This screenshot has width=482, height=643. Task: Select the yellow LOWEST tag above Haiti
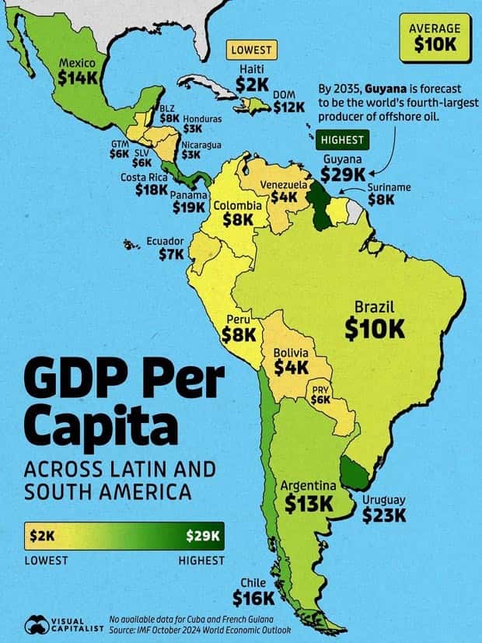(x=252, y=50)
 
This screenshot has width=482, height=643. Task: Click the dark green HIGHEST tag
(x=341, y=140)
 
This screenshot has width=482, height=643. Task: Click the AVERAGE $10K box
(x=435, y=37)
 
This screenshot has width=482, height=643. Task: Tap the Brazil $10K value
(x=375, y=328)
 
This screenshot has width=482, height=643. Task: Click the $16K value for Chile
(x=253, y=597)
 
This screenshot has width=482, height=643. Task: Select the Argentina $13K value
(x=308, y=504)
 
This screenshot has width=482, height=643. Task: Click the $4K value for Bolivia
(x=291, y=367)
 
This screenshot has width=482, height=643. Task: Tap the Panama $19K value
(x=189, y=207)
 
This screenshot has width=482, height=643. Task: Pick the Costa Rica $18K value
(x=151, y=188)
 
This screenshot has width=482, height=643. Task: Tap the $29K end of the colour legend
(x=204, y=536)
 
